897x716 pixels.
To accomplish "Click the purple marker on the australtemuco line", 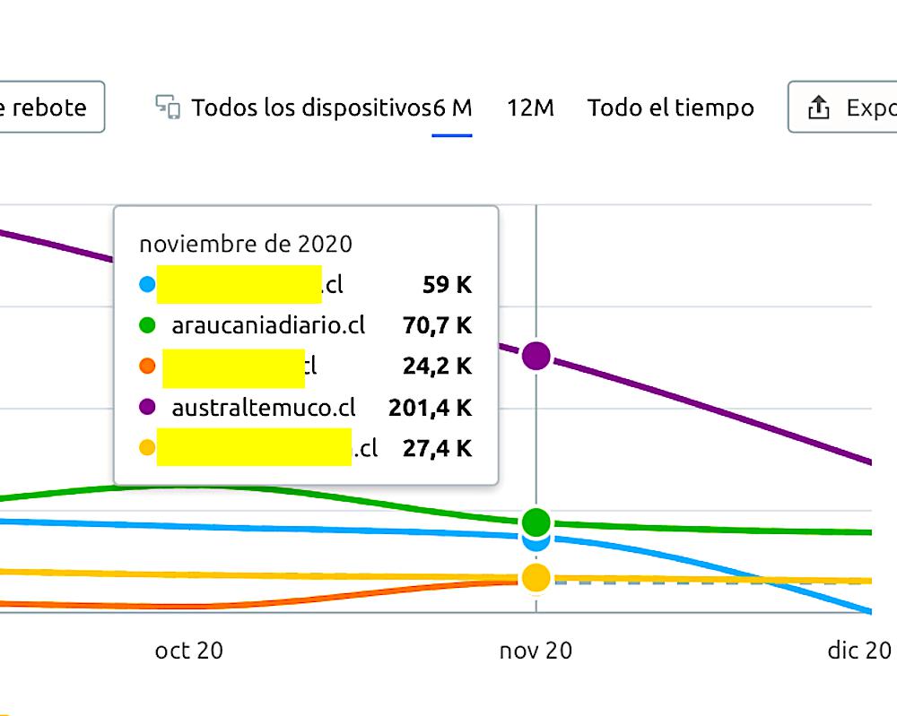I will pos(536,356).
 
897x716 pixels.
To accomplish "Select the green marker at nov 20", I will pos(536,521).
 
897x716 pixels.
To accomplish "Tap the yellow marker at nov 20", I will pos(536,578).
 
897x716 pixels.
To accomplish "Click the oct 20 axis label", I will pos(188,651).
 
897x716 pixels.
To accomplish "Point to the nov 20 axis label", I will pos(536,651).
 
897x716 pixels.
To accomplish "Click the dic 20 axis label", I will pos(858,651).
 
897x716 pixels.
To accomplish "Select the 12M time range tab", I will pos(530,108).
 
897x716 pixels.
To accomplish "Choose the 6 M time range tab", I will pos(452,108).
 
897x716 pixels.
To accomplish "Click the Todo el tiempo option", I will pos(670,108).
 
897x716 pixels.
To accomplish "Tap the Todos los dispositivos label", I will pos(311,108).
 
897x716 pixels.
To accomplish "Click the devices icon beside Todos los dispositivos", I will pos(168,107).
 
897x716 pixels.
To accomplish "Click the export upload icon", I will pos(817,108).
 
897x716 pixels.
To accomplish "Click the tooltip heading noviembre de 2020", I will pos(245,244).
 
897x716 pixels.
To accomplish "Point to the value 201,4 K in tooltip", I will pos(430,408).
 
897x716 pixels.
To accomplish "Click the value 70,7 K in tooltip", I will pos(437,325).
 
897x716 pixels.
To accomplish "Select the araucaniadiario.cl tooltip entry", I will pos(268,325).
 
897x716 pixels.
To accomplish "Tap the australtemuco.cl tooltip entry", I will pos(264,408).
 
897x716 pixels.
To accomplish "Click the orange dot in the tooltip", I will pos(148,366).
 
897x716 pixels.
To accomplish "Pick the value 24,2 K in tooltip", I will pos(437,366).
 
